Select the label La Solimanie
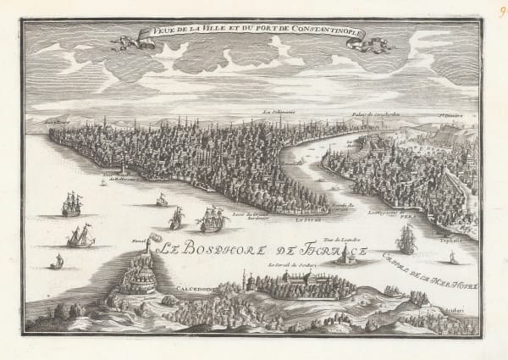[x=277, y=112]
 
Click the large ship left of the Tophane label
[x=408, y=241]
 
